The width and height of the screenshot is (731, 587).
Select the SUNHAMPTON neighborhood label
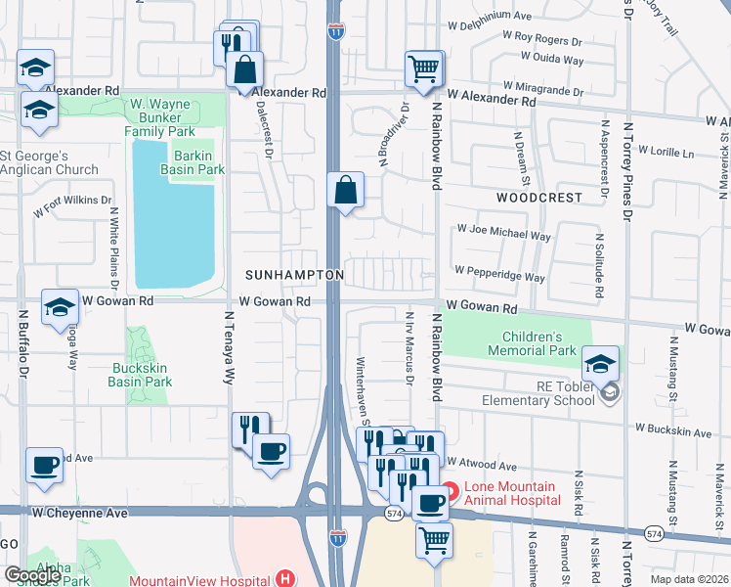point(294,275)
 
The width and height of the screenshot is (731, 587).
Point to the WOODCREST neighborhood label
point(538,197)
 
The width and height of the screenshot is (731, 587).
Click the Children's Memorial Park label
point(533,342)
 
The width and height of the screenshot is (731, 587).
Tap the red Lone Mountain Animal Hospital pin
point(450,491)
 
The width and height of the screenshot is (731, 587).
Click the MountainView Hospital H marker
point(284,579)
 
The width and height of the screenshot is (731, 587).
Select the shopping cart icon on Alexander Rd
point(425,69)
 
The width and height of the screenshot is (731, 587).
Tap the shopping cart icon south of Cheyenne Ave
point(435,539)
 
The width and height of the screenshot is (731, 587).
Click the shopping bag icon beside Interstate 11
point(346,190)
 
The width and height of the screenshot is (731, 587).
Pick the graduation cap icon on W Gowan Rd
point(60,307)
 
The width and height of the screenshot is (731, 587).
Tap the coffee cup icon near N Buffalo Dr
point(45,466)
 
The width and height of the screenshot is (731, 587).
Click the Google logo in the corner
point(33,574)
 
